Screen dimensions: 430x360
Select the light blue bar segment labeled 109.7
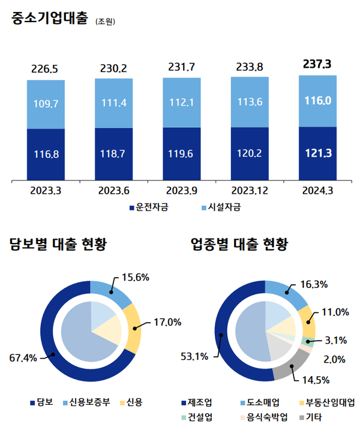[46, 104]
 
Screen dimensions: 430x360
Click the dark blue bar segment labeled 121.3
[317, 153]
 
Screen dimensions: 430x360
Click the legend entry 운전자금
[149, 208]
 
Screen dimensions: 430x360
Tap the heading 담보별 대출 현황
[58, 244]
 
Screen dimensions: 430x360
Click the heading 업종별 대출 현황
[239, 244]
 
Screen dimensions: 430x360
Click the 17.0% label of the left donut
[167, 322]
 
